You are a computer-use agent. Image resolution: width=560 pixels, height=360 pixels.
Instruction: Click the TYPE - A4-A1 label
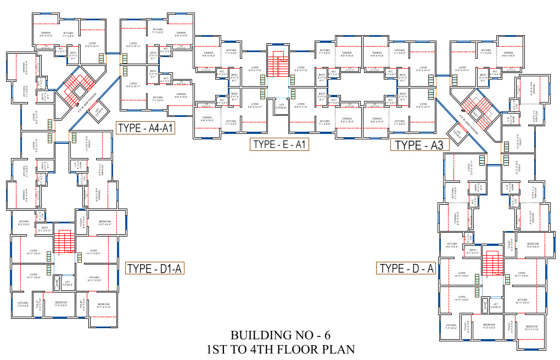point(145,128)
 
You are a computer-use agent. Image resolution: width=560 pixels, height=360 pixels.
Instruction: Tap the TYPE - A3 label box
point(419,145)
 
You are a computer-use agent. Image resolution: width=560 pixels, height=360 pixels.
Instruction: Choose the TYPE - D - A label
point(407,268)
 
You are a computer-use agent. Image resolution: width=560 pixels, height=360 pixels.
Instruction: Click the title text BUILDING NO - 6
point(280,335)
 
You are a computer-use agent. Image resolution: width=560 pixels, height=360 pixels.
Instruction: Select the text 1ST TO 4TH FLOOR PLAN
point(280,348)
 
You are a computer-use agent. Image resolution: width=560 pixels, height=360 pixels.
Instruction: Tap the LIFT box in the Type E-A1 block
point(282,105)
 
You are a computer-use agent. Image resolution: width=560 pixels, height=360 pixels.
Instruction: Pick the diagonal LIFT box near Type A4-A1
point(98,111)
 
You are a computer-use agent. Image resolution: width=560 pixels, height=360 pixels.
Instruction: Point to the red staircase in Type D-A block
point(491,265)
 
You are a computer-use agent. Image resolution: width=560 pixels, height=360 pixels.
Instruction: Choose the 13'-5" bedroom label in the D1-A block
point(104,223)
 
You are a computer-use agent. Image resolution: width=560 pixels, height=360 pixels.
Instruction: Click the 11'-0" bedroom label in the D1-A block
point(60,304)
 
